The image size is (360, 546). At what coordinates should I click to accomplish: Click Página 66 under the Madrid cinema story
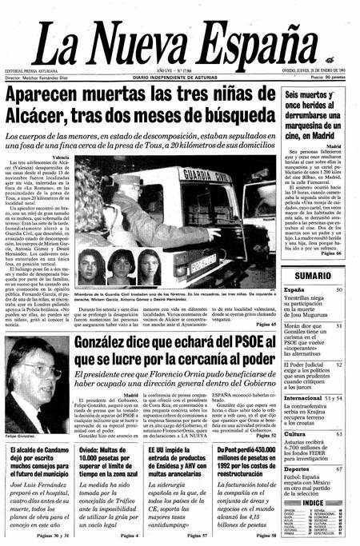click(330, 253)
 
